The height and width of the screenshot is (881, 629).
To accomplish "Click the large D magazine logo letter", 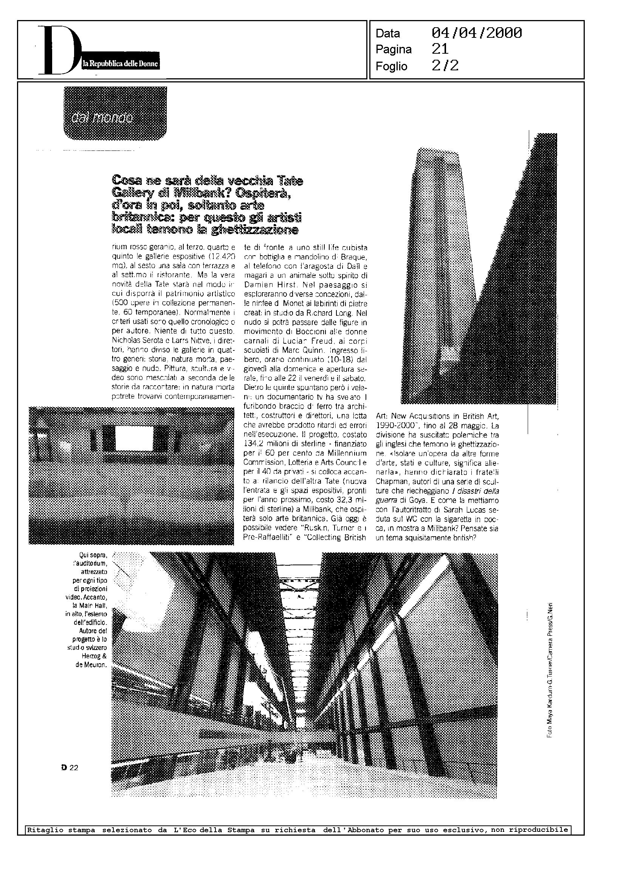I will [58, 50].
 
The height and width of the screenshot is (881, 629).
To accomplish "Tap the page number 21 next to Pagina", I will [440, 49].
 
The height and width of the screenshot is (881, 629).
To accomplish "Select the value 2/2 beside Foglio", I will [445, 66].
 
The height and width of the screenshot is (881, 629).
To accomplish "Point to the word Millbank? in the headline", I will [200, 192].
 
